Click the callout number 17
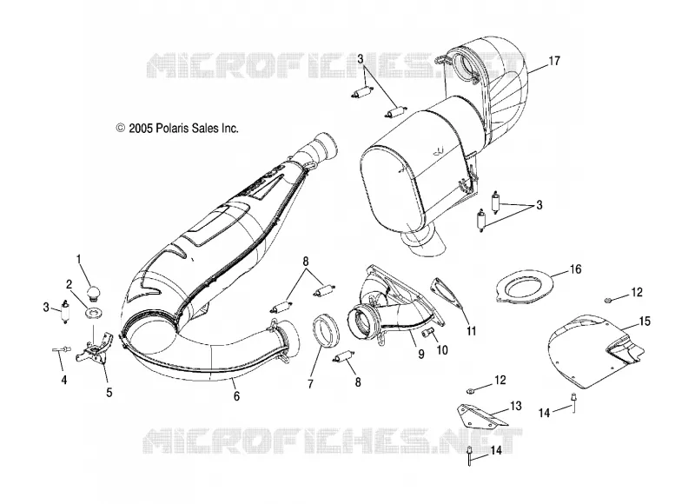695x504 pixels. (x=554, y=61)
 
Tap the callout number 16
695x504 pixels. (x=575, y=269)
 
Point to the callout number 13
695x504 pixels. (x=515, y=406)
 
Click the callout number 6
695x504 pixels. (x=236, y=396)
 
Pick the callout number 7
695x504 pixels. (x=310, y=383)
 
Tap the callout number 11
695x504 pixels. (x=471, y=331)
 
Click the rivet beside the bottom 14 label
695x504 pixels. (x=469, y=456)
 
